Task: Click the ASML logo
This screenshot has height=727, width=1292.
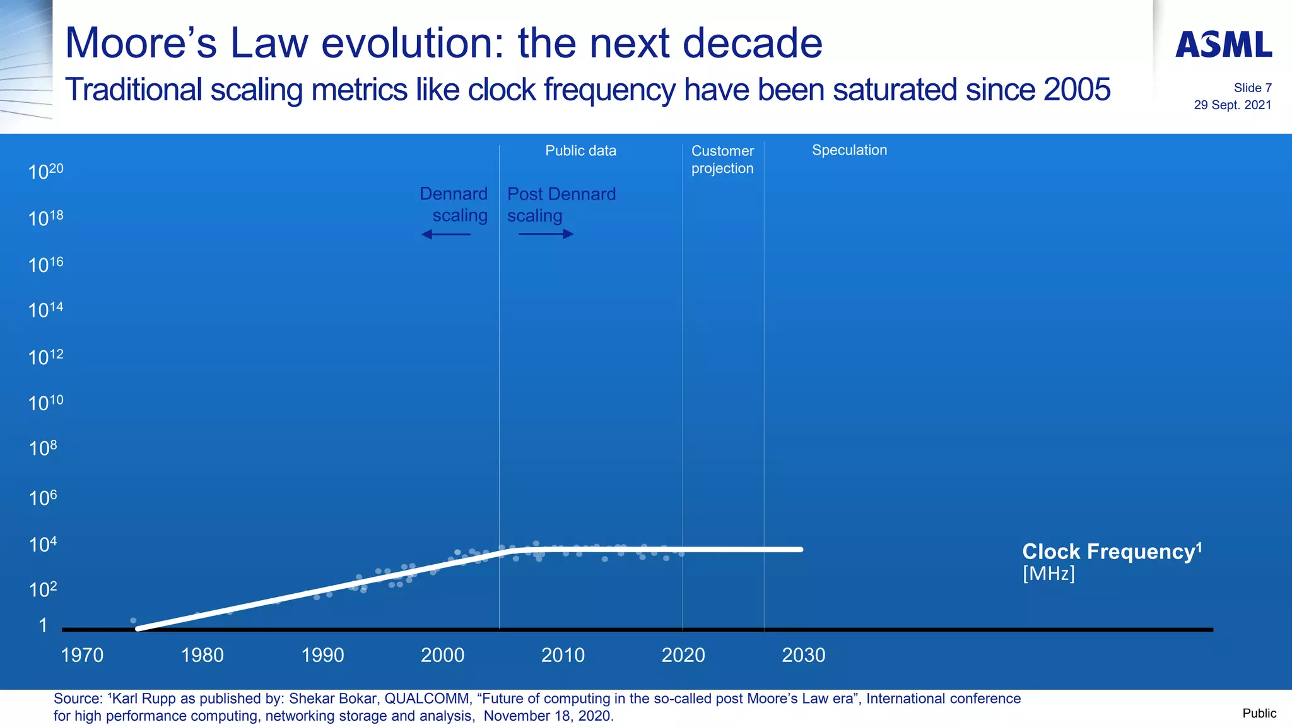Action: [1223, 44]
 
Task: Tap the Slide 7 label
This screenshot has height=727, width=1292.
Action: [1252, 88]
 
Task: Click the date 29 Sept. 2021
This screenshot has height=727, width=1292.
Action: [1232, 105]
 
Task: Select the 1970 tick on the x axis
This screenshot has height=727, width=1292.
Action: [82, 655]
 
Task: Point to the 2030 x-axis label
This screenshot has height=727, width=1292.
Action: [803, 655]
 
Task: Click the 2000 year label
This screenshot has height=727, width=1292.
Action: [442, 655]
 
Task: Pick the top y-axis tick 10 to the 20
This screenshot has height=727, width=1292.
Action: [45, 171]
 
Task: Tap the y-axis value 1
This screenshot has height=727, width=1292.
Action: [43, 625]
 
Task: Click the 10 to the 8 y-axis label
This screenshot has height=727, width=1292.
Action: [43, 448]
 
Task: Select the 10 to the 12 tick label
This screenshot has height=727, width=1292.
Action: [45, 357]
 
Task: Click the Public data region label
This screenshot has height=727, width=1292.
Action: [580, 151]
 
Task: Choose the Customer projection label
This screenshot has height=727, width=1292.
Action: [722, 160]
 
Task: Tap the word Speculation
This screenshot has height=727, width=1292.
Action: [849, 150]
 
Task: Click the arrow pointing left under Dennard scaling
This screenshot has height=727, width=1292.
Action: [445, 234]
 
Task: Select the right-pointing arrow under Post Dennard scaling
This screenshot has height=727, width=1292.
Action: [546, 234]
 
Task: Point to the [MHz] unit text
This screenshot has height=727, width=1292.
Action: [1048, 573]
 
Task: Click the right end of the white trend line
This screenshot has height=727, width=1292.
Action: [800, 549]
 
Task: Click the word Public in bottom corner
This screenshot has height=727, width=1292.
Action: [1259, 713]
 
